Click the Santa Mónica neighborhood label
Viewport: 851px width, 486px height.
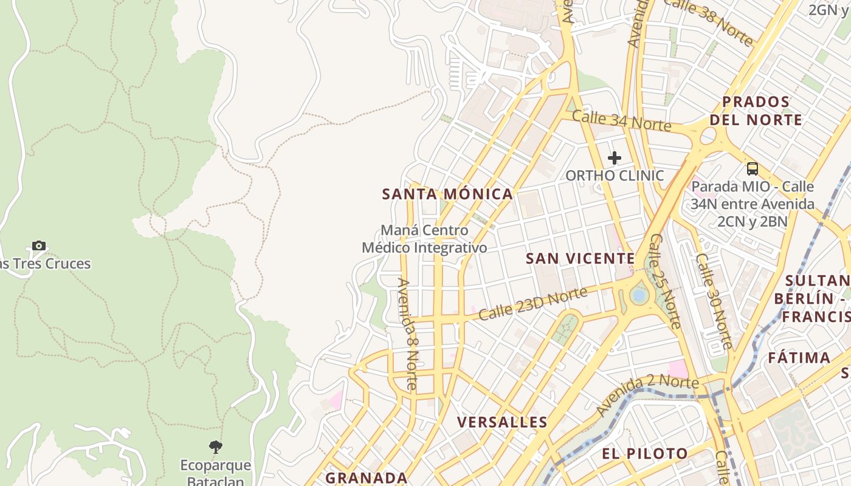coord(447,194)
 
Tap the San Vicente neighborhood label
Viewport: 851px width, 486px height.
coord(580,259)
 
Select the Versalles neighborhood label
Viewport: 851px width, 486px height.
coord(502,422)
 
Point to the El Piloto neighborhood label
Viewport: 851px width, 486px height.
coord(645,454)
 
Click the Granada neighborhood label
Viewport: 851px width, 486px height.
coord(366,477)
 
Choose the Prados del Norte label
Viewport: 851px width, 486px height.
coord(756,111)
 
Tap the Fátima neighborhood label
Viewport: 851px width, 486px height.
coord(799,358)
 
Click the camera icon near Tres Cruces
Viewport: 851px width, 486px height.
coord(39,246)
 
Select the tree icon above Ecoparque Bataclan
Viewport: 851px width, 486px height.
coord(215,448)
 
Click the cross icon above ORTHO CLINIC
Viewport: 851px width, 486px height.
coord(615,158)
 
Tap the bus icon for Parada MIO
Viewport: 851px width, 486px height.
coord(753,169)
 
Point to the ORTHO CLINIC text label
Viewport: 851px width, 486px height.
coord(615,176)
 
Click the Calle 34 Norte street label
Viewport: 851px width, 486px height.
coord(621,121)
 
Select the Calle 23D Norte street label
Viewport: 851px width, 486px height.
coord(532,304)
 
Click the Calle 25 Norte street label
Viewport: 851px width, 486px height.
coord(664,281)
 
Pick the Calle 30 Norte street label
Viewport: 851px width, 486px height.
coord(714,301)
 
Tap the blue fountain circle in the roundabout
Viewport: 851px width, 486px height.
coord(638,296)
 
